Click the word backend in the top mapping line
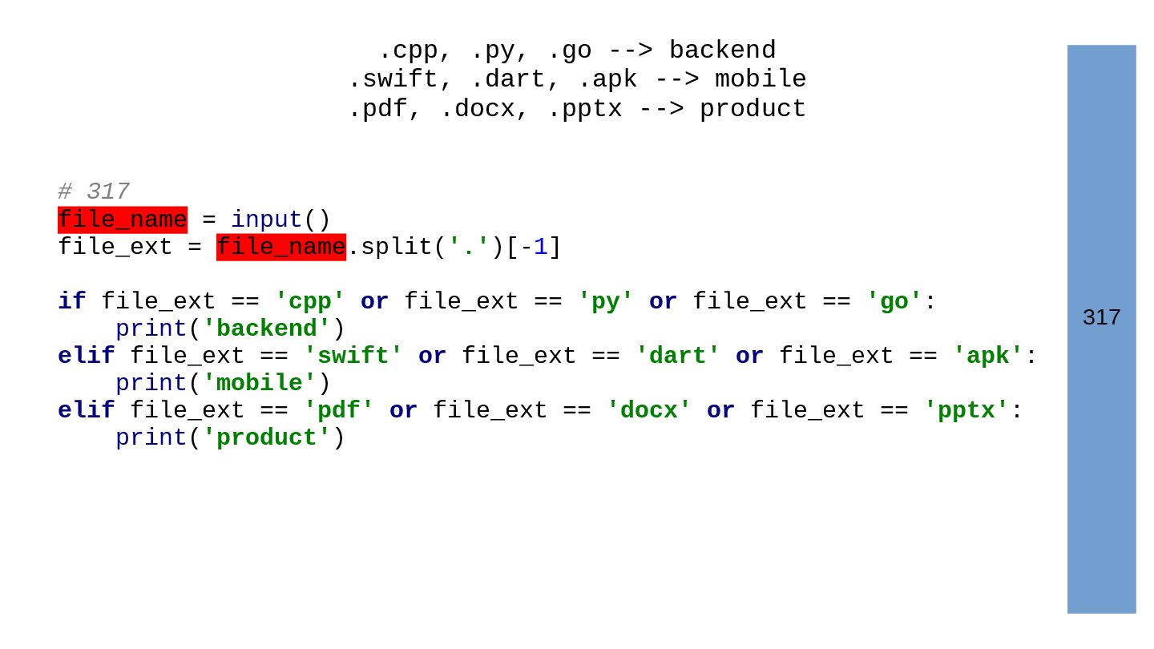(x=722, y=50)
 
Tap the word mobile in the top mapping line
(x=761, y=79)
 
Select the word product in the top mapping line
(x=753, y=109)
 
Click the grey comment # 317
(x=94, y=191)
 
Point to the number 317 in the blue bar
(x=1101, y=318)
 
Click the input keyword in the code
(x=267, y=220)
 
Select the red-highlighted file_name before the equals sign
(x=123, y=220)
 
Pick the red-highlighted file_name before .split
(x=281, y=248)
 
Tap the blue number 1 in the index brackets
(x=541, y=248)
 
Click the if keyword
(x=71, y=302)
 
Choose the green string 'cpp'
(x=310, y=302)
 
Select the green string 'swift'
(x=353, y=356)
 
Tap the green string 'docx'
(x=649, y=410)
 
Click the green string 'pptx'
(x=966, y=410)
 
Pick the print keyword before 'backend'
(x=151, y=329)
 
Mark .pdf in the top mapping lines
(x=377, y=109)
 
